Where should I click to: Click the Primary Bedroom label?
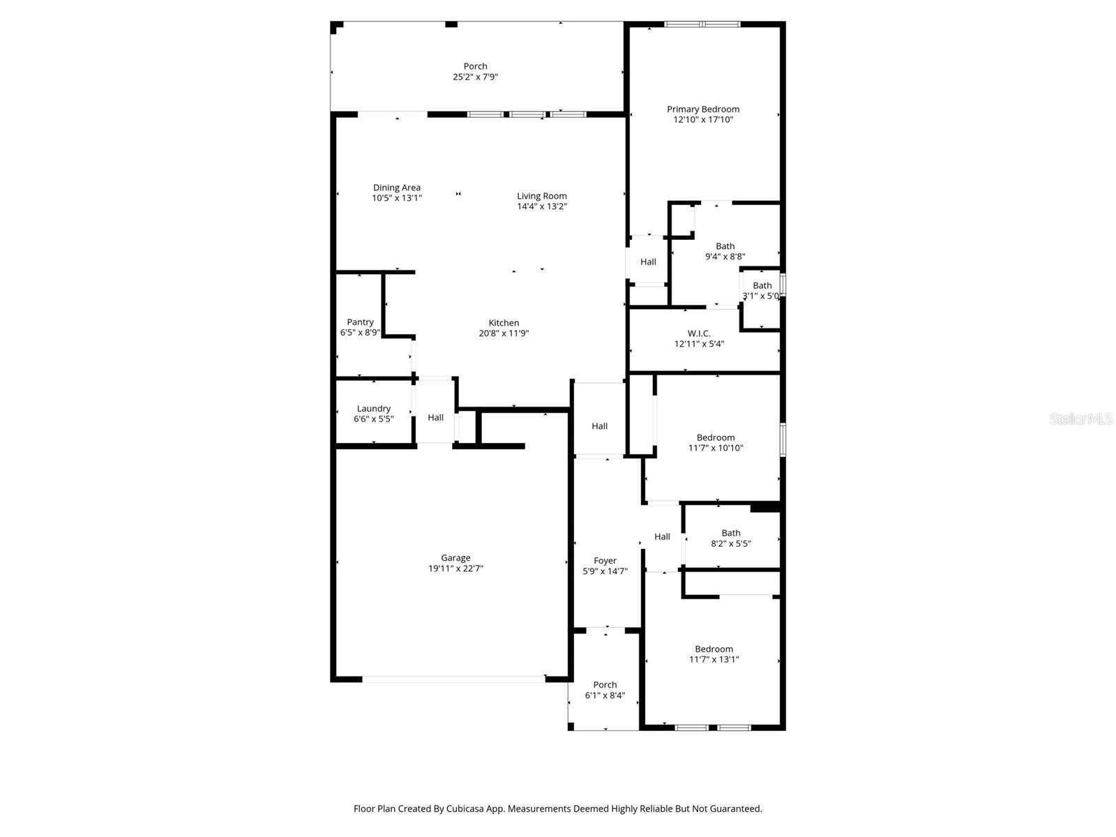point(702,109)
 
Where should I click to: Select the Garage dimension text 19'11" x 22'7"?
point(455,568)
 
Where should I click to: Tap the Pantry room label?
point(360,322)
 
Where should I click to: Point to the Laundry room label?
point(373,408)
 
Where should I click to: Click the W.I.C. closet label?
point(699,333)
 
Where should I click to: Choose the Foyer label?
point(605,560)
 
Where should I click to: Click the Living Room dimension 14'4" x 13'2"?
point(541,206)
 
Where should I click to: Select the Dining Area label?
point(396,187)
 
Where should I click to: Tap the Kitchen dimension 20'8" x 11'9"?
point(504,333)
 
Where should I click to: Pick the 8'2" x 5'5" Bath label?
point(730,533)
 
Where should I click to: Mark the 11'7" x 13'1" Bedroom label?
point(714,649)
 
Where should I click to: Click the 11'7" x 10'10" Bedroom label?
point(715,437)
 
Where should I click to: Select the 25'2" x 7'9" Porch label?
point(475,66)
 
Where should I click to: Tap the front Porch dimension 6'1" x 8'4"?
point(605,695)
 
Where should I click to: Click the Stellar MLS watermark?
point(1080,418)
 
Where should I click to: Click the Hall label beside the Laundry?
point(435,417)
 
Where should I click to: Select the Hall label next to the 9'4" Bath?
point(648,262)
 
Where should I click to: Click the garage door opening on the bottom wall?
point(453,678)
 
